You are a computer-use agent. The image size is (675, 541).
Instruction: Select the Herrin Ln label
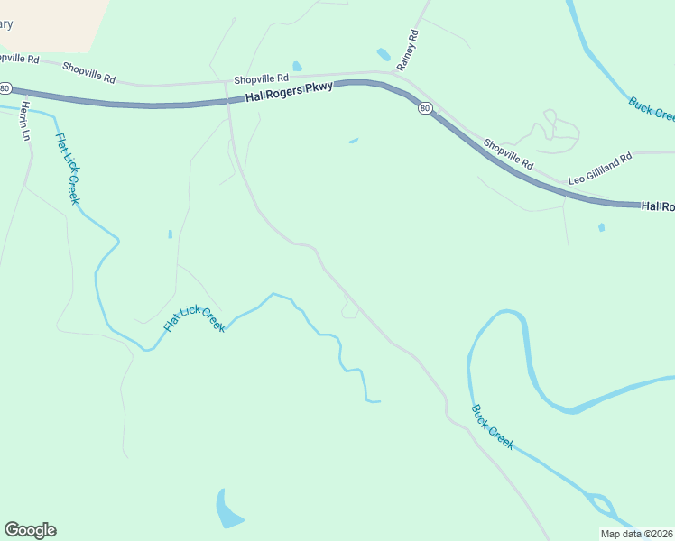[x=25, y=121]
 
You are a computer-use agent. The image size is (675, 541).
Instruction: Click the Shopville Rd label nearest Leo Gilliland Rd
[x=509, y=154]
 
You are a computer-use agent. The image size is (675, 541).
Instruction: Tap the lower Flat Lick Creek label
[x=194, y=319]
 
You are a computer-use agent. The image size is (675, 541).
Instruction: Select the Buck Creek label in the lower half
[x=493, y=426]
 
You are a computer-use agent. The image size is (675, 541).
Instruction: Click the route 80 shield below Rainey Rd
[x=424, y=108]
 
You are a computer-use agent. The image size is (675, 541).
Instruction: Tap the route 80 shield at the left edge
[x=5, y=88]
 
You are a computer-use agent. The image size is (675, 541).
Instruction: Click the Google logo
[x=30, y=530]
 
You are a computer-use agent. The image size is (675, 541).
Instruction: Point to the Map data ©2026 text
[x=636, y=534]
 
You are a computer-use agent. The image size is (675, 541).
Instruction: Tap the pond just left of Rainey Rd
[x=384, y=54]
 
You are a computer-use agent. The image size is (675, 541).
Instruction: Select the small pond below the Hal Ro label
[x=601, y=227]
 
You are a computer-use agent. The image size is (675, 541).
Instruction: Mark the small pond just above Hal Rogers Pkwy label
[x=297, y=66]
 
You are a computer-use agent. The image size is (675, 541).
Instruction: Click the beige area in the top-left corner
[x=45, y=23]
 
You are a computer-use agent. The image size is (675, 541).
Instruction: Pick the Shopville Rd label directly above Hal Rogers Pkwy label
[x=261, y=78]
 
